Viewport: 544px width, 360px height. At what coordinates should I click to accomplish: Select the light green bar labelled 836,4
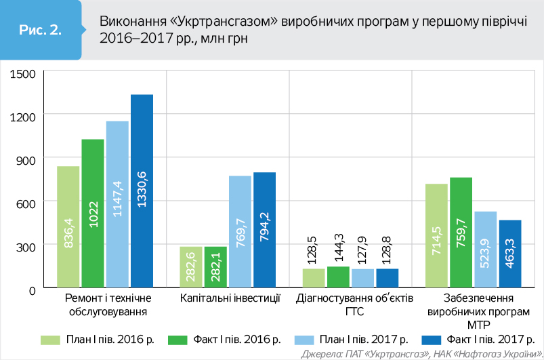point(68,227)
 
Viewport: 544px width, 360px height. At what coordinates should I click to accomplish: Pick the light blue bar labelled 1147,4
point(117,205)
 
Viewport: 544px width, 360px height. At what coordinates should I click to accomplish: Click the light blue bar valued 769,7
point(240,232)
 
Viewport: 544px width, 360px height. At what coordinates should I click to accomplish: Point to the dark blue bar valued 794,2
point(265,231)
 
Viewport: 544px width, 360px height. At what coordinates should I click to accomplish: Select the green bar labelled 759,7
point(461,233)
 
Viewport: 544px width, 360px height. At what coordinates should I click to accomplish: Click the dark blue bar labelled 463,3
point(510,254)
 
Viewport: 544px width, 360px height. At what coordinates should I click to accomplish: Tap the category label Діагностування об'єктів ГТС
point(350,304)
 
